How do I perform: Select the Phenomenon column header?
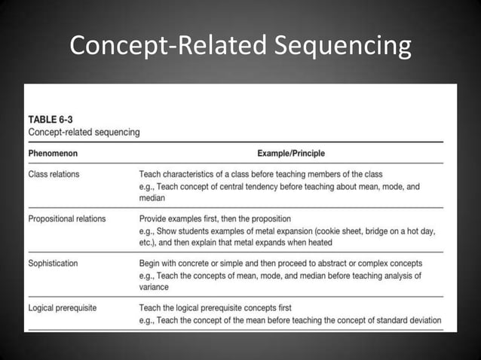(53, 154)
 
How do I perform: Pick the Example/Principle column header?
(291, 154)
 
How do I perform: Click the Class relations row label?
(54, 175)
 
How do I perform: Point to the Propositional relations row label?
(67, 219)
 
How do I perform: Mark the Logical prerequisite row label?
(63, 308)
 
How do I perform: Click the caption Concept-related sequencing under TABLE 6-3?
(84, 132)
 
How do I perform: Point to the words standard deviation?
(406, 320)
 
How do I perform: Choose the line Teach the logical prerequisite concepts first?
(215, 308)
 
